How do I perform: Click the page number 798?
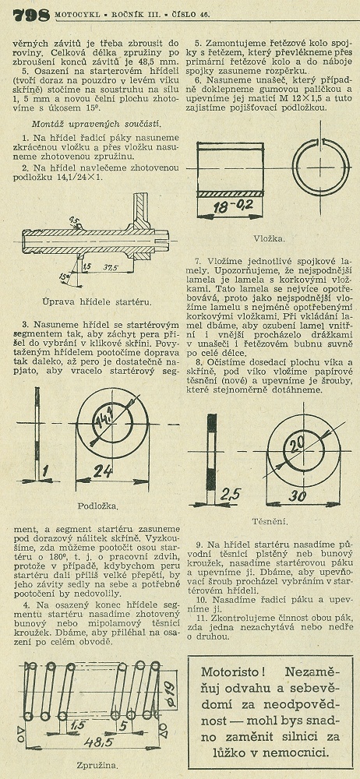(31, 15)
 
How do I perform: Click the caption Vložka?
(269, 238)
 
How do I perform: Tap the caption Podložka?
(98, 507)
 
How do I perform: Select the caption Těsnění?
(269, 522)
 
